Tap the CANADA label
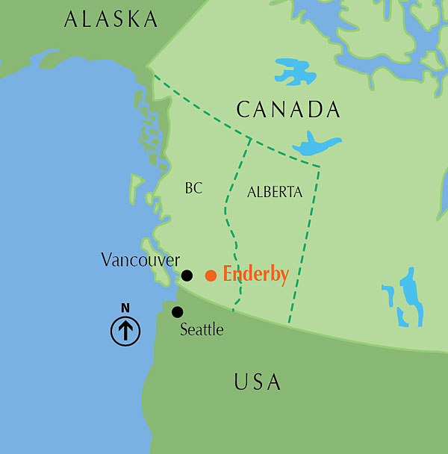pos(288,111)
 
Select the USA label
pos(258,382)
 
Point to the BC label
pos(193,189)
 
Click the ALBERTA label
pos(275,192)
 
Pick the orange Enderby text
pos(256,275)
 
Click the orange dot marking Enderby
pos(211,276)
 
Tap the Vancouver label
pos(140,260)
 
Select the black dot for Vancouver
pos(187,276)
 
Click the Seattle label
pos(202,329)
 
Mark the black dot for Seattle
pos(177,312)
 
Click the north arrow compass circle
pos(125,330)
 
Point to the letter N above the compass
pos(125,308)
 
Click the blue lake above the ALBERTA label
pos(317,144)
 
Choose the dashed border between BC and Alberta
pos(229,217)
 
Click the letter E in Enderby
pos(229,274)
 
